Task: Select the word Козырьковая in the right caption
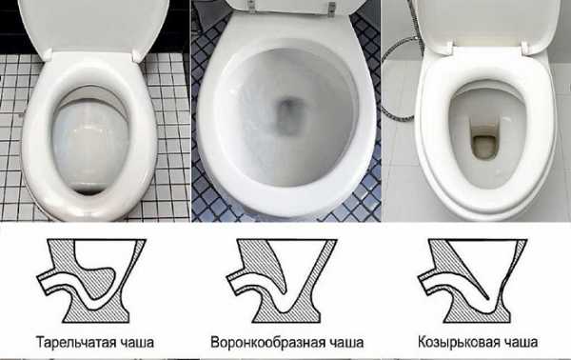point(459,342)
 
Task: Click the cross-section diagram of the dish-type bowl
point(91,281)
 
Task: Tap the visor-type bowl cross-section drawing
point(473,281)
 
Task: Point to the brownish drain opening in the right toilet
point(483,147)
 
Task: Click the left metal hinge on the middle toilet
point(251,6)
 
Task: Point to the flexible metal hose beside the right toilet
point(395,70)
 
